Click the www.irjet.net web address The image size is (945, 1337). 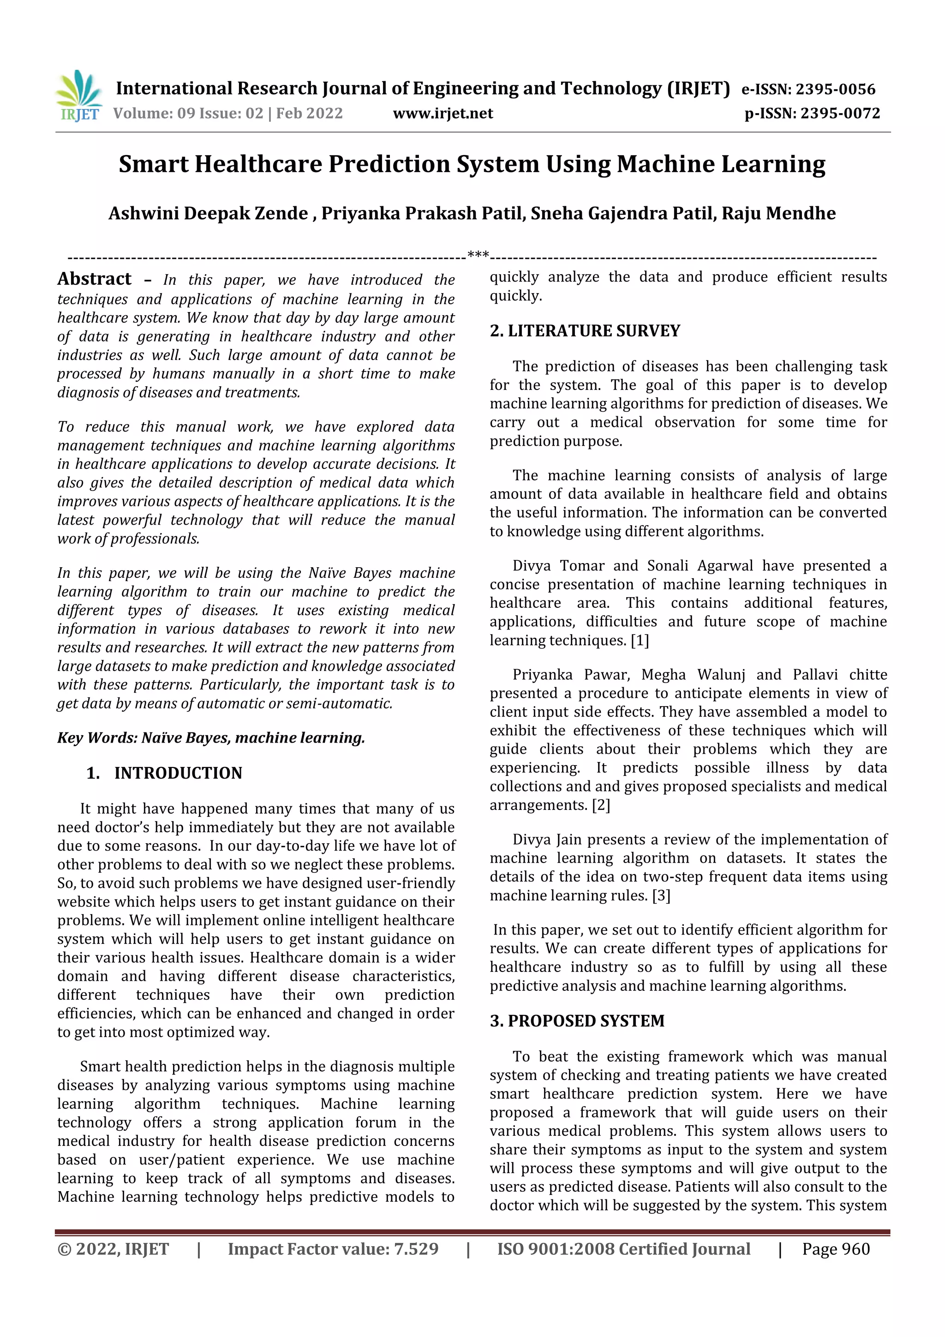pyautogui.click(x=443, y=114)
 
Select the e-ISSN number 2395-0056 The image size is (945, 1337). pyautogui.click(x=835, y=89)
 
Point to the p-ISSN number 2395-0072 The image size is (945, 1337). pyautogui.click(x=840, y=114)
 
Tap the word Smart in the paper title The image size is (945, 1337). pyautogui.click(x=153, y=165)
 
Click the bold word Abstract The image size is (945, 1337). pyautogui.click(x=94, y=279)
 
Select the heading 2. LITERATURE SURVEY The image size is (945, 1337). pyautogui.click(x=585, y=331)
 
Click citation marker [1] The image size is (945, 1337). pyautogui.click(x=640, y=641)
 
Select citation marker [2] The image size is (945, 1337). pyautogui.click(x=600, y=805)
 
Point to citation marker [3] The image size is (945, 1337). pyautogui.click(x=661, y=896)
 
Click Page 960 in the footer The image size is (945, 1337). pyautogui.click(x=836, y=1248)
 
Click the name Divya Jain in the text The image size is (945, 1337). pyautogui.click(x=538, y=839)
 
